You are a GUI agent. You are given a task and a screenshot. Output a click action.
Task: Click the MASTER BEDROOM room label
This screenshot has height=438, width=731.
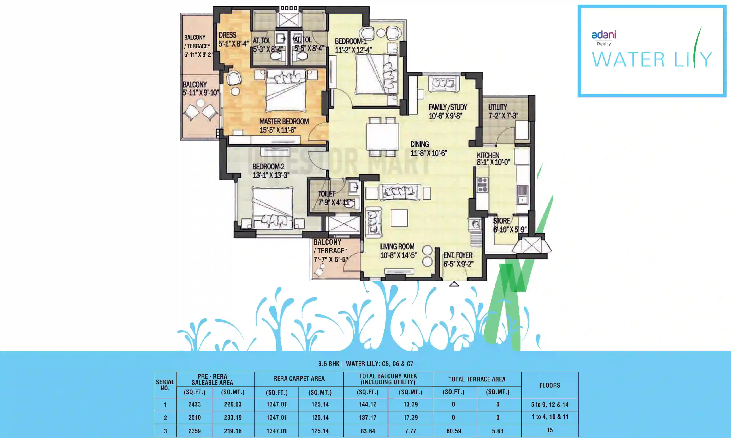click(284, 121)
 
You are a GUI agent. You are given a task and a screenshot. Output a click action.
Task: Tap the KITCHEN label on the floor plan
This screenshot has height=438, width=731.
click(488, 155)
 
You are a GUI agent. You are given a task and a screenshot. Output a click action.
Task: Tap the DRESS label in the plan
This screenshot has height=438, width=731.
click(228, 35)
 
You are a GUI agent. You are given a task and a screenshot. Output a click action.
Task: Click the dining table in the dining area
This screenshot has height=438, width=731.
click(382, 137)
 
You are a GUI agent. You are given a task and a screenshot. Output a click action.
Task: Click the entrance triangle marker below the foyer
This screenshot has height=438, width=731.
click(454, 284)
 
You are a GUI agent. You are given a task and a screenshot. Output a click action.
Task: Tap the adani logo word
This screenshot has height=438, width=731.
click(604, 35)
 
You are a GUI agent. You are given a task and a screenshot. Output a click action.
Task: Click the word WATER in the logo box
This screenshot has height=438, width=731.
click(628, 60)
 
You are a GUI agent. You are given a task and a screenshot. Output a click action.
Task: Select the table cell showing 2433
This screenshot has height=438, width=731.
click(194, 404)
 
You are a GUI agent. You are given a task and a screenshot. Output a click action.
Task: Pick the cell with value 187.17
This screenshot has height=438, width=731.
click(368, 418)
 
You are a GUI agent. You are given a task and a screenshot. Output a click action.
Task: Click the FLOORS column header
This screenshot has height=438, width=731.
click(550, 385)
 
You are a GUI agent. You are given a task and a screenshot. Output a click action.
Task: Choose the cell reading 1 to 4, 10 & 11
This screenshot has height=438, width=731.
click(550, 417)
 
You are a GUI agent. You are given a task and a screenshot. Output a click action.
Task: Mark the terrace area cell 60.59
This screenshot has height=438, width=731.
click(454, 431)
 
